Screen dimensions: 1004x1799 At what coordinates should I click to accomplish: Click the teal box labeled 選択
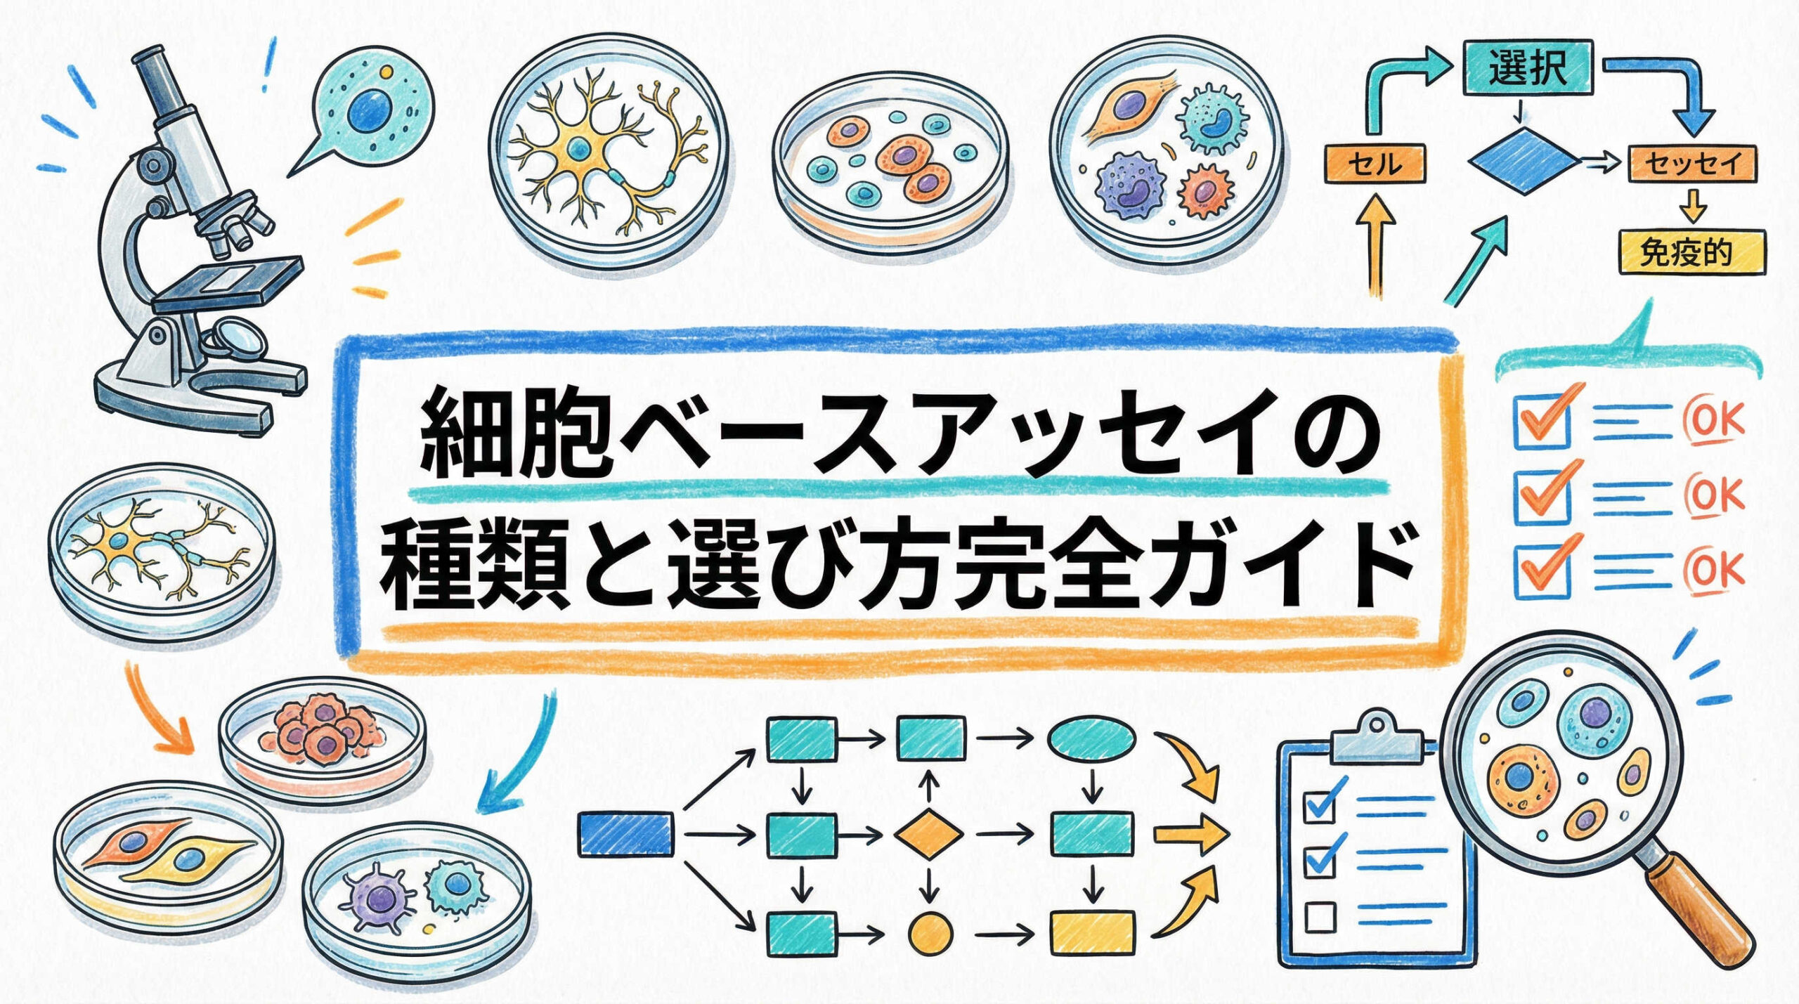point(1526,67)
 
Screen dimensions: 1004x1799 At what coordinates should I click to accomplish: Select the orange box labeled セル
point(1375,164)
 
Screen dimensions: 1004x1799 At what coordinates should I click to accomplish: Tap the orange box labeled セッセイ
point(1691,164)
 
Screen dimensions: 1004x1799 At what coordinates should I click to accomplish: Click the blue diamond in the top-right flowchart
point(1522,162)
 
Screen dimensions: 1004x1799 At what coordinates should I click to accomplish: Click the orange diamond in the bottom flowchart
point(929,835)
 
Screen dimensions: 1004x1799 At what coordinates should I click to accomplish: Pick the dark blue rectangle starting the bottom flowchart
point(625,834)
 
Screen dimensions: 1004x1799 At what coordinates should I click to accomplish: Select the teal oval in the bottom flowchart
point(1091,738)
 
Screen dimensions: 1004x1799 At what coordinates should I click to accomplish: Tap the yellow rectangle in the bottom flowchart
point(1092,934)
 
